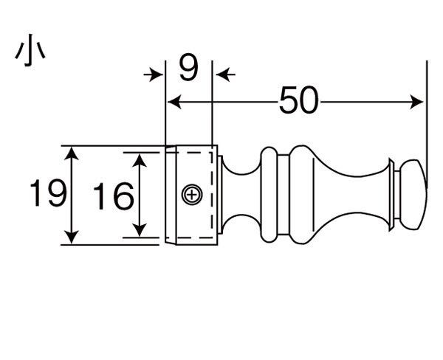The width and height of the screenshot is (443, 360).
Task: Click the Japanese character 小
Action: click(x=30, y=50)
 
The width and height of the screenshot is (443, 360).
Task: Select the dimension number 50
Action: click(x=298, y=100)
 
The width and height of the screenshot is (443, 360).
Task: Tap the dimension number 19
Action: click(x=48, y=193)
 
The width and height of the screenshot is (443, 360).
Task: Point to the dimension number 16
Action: click(x=113, y=196)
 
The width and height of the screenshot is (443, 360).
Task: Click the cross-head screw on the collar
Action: click(x=192, y=195)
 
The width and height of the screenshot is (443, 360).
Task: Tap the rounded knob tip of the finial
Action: click(x=413, y=195)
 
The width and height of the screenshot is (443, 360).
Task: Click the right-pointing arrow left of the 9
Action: click(x=154, y=75)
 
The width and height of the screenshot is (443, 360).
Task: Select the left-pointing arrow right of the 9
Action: click(x=225, y=75)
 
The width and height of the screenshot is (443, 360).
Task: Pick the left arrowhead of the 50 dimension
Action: click(x=174, y=102)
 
